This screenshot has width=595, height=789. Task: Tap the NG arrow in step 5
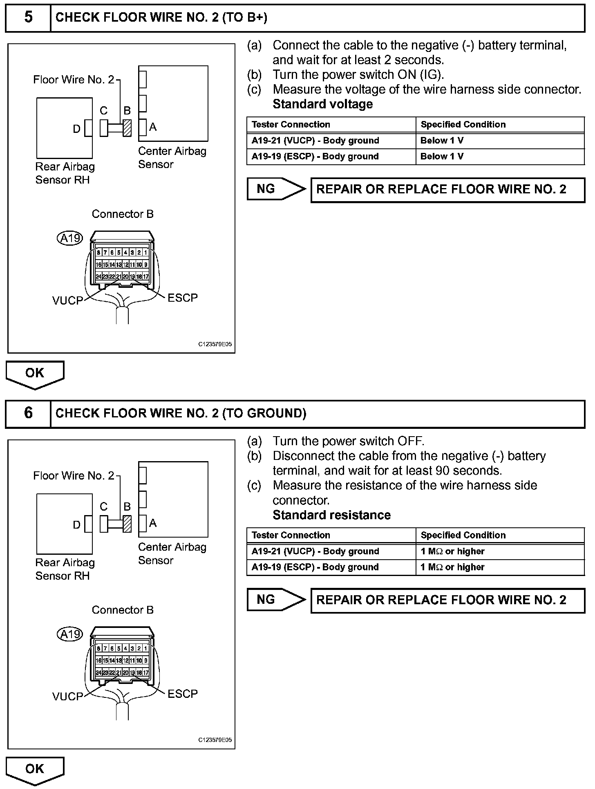[x=276, y=189]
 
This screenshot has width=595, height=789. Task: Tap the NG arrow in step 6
[x=276, y=599]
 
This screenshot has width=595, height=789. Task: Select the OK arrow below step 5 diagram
[x=35, y=374]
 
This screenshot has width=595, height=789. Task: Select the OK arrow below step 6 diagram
[x=35, y=769]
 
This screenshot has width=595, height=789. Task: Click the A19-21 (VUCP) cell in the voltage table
[x=315, y=141]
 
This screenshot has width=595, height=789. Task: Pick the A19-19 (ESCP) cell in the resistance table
[x=315, y=567]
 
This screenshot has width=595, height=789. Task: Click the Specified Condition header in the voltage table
[x=463, y=125]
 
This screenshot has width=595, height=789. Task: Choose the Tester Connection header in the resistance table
[x=291, y=535]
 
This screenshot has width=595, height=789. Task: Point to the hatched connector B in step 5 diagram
[x=127, y=128]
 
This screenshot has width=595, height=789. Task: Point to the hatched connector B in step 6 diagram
[x=127, y=523]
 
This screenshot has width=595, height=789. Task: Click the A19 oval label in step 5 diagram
[x=70, y=238]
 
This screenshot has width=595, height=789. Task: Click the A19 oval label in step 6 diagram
[x=70, y=634]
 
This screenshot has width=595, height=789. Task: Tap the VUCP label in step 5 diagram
[x=67, y=301]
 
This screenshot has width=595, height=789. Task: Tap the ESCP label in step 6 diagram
[x=183, y=694]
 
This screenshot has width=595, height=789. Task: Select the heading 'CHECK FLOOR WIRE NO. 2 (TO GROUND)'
[x=181, y=413]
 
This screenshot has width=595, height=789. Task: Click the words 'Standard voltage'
[x=322, y=104]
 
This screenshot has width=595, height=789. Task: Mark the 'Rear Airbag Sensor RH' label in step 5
[x=65, y=173]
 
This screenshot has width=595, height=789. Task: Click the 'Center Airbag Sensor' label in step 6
[x=172, y=554]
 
